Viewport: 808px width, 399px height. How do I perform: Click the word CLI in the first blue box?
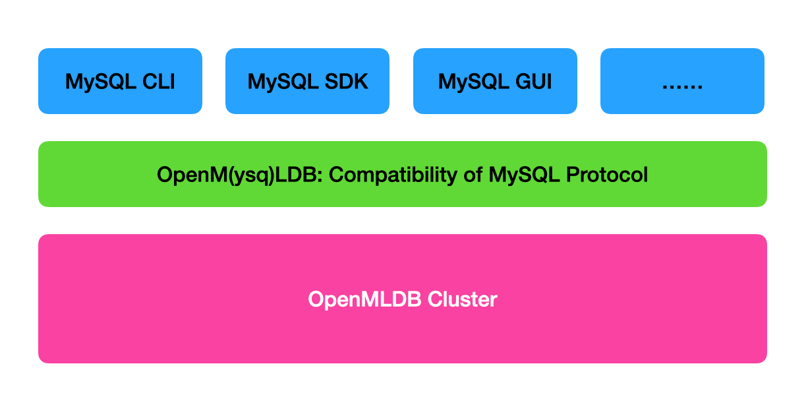coord(159,81)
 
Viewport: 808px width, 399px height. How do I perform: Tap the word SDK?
coord(346,81)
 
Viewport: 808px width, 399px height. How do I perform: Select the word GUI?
coord(533,81)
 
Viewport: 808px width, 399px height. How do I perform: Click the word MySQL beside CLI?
coord(101,82)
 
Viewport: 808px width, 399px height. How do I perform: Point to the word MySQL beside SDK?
coord(283,82)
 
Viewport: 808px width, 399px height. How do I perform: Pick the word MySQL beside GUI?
coord(474,82)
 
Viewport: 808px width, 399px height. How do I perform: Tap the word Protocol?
coord(607,175)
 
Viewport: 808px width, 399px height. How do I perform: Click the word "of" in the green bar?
coord(473,175)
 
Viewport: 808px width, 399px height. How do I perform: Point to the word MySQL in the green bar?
coord(524,175)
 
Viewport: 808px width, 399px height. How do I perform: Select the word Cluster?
coord(463,299)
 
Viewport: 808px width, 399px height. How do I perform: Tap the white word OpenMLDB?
coord(364,299)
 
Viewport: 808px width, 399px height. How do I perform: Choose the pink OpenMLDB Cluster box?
coord(403,299)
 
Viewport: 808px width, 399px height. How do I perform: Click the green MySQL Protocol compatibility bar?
coord(403,174)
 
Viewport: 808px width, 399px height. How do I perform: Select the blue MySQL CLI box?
coord(120,81)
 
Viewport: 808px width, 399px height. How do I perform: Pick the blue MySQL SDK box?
coord(307,81)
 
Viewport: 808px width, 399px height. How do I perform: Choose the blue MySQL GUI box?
coord(495,81)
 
